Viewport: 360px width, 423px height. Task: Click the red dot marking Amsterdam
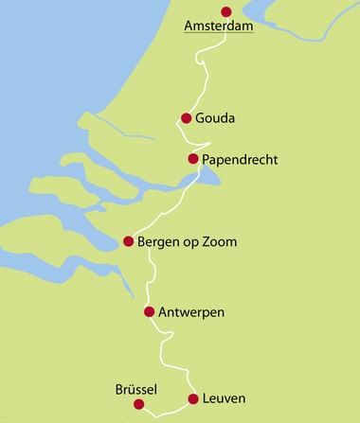[x=225, y=11]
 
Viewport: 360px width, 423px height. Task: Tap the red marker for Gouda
[x=187, y=118]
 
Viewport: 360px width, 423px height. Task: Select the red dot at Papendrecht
[x=193, y=158]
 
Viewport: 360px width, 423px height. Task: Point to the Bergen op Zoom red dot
[x=128, y=241]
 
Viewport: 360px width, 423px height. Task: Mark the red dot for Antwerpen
[x=149, y=311]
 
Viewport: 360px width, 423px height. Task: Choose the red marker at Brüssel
[x=139, y=404]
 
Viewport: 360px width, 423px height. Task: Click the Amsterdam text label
[x=219, y=27]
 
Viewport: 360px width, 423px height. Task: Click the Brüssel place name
[x=135, y=389]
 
